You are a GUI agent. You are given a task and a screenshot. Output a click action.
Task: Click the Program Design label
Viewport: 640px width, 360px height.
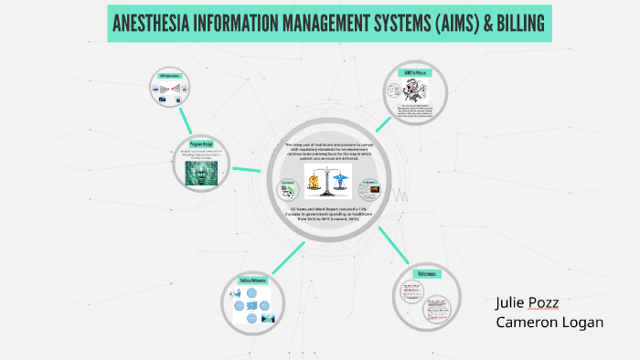[202, 144]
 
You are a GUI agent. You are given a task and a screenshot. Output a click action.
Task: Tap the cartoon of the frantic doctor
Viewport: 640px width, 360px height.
[396, 91]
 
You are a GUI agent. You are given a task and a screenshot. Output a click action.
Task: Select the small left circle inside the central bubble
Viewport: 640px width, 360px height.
[289, 190]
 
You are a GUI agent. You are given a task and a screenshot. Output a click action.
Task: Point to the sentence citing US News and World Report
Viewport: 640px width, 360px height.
[330, 215]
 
